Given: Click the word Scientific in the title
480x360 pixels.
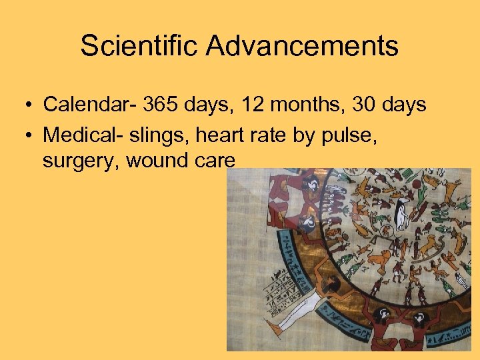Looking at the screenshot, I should (x=139, y=47).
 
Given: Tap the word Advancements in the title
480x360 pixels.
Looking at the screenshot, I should (x=302, y=47).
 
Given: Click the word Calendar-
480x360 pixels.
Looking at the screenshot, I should (x=94, y=105).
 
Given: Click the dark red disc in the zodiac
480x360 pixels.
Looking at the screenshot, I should (x=417, y=184).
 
